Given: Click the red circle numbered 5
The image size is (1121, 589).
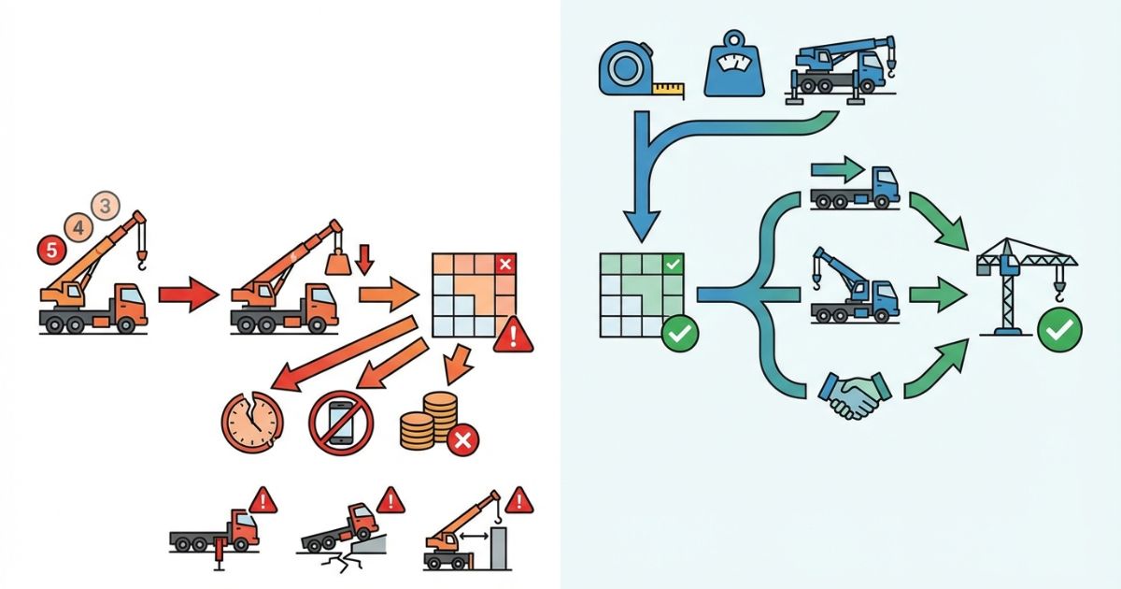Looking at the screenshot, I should point(50,250).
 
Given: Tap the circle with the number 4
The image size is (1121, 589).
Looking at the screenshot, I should point(78,225).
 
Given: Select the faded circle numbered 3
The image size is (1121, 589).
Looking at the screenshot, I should point(105,205).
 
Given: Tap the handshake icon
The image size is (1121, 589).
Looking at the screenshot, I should point(852,396).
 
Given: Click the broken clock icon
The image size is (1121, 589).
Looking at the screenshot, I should point(249,417).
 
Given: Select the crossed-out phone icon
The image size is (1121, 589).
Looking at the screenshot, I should point(341,423).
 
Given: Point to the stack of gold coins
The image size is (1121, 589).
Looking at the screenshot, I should point(431,422).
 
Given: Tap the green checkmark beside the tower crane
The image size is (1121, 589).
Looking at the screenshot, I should point(1062,328).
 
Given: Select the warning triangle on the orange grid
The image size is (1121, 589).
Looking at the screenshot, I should point(512,334).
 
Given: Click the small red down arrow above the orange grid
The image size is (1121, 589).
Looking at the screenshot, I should point(366,259).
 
